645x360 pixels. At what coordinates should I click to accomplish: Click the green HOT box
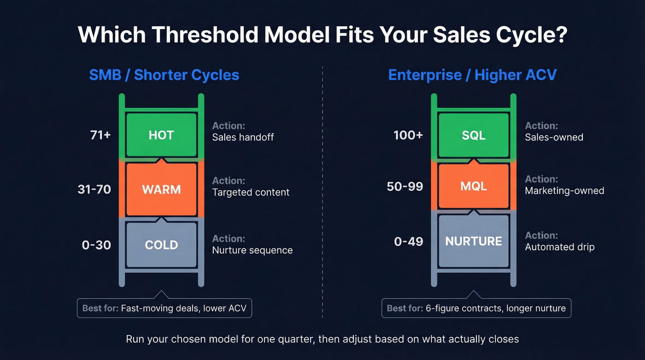pos(161,135)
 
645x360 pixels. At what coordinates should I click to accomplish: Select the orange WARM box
pos(161,189)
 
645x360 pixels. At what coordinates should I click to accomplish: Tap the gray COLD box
pos(161,245)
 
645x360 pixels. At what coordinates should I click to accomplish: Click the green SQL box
pos(474,135)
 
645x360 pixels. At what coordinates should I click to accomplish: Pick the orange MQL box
pos(474,187)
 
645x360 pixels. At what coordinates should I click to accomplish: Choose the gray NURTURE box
pos(474,241)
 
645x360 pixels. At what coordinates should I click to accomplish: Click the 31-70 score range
pos(94,189)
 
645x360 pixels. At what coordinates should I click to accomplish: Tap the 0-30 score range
pos(96,245)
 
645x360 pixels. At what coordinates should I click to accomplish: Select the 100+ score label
pos(408,135)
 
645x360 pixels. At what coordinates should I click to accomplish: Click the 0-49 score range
pos(409,241)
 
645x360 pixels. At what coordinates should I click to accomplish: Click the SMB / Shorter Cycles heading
pos(164,75)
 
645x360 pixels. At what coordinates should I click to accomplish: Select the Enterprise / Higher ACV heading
pos(472,75)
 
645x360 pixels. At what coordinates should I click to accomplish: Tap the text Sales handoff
pos(243,137)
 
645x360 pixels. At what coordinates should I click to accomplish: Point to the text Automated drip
pos(559,247)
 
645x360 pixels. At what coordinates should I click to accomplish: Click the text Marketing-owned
pos(564,190)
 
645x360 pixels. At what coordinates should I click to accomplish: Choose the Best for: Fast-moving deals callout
pos(164,308)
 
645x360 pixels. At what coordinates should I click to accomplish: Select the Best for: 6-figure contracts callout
pos(476,308)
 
